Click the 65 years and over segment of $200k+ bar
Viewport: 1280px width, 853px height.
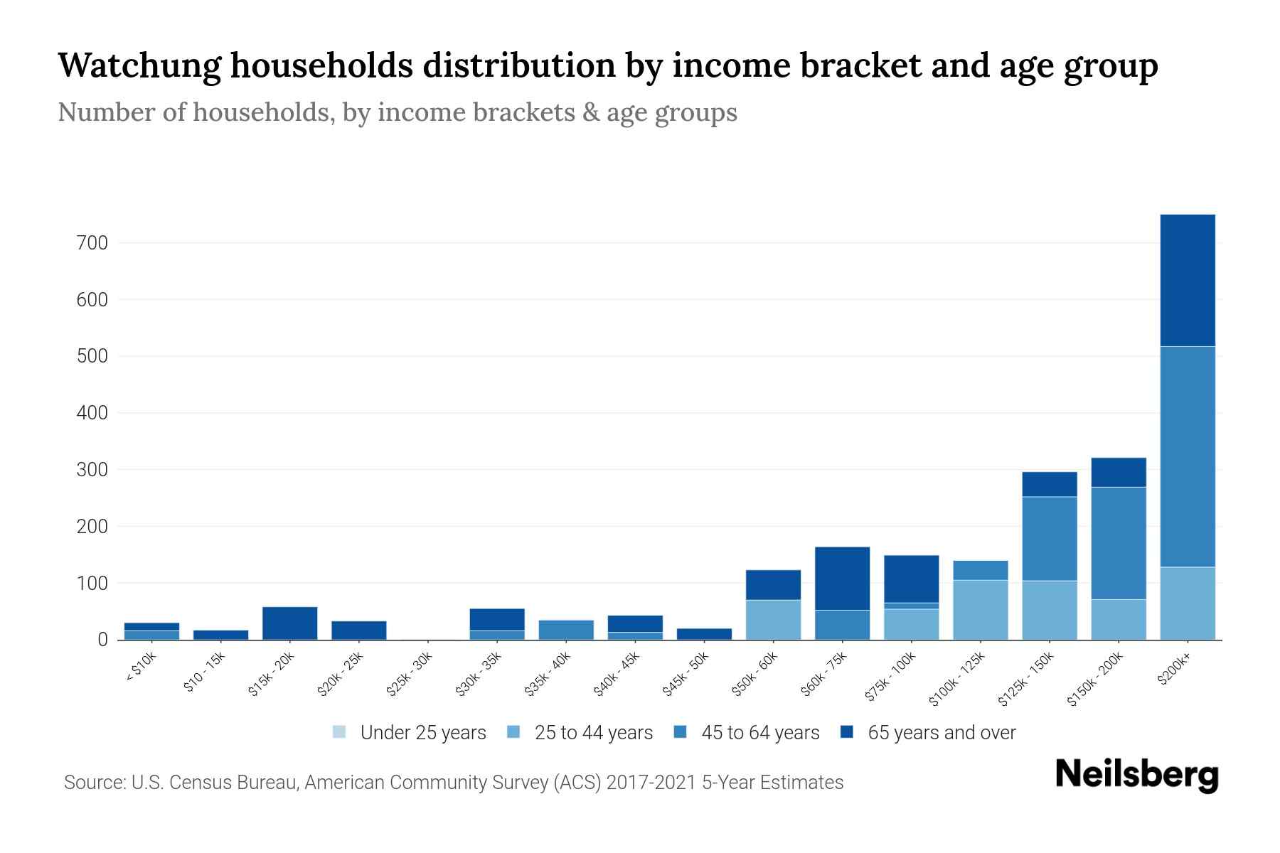(1187, 280)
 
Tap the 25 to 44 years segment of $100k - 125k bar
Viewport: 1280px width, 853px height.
(980, 610)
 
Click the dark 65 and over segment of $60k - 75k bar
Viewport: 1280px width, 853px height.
(842, 578)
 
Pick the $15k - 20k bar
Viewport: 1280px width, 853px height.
(289, 623)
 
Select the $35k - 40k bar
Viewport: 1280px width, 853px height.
(566, 630)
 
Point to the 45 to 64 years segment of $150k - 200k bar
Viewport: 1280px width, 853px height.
(1118, 543)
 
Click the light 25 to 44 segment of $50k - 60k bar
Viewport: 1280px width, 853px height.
(773, 620)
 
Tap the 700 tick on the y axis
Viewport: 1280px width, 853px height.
(92, 243)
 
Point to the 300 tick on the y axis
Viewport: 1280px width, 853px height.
(92, 470)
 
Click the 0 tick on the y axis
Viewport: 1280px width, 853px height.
(102, 640)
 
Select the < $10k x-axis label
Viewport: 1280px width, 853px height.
(141, 668)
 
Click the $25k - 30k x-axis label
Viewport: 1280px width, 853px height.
(409, 674)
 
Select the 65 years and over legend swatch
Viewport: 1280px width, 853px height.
(847, 732)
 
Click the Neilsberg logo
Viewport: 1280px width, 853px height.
(1136, 775)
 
